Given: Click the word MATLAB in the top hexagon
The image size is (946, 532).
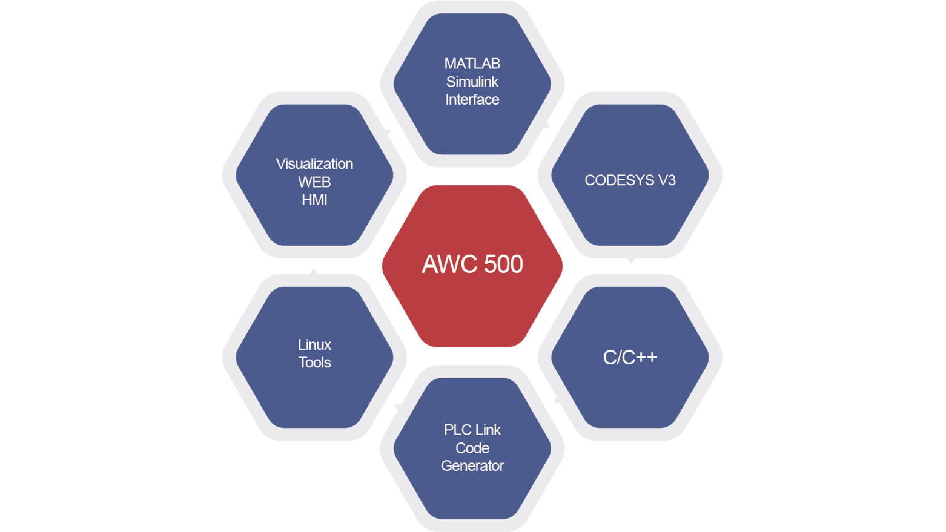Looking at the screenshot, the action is click(x=472, y=64).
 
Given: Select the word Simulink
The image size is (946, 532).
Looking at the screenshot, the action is click(x=472, y=82).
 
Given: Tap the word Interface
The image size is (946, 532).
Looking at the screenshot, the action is click(x=472, y=100).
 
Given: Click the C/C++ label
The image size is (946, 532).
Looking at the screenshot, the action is click(x=630, y=357).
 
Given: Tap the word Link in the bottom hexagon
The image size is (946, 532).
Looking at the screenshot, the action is click(x=489, y=430).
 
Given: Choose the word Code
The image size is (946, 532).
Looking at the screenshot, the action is click(x=472, y=448).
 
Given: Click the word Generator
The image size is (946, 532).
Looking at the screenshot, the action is click(x=472, y=466).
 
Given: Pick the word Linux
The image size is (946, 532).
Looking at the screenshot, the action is click(x=315, y=345).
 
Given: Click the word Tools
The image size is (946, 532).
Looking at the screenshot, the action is click(x=315, y=363).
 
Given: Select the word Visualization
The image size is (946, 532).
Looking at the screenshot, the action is click(x=315, y=164).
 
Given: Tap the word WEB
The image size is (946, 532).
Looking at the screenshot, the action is click(x=315, y=182).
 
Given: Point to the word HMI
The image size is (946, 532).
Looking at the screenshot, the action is click(x=315, y=200).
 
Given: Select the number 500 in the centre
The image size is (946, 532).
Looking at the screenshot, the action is click(x=503, y=264).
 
